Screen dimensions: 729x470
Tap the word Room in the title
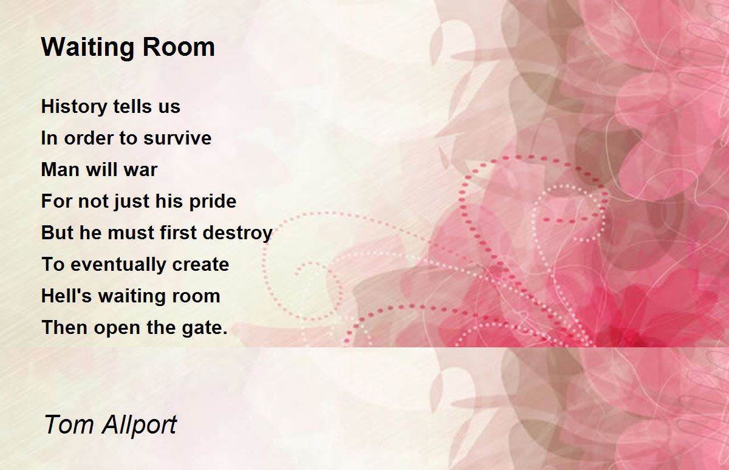[179, 47]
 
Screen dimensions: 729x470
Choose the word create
[200, 265]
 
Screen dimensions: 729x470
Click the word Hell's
[66, 296]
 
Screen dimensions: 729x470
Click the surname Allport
[139, 426]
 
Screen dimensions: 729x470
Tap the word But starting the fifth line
[57, 233]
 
